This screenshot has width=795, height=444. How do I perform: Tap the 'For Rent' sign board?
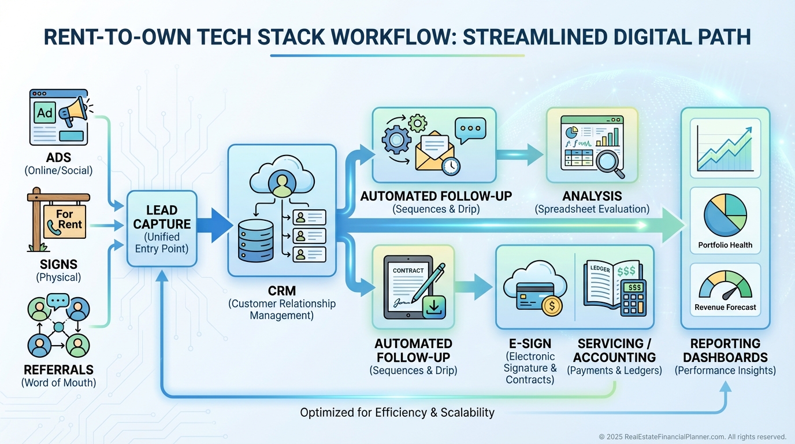click(65, 220)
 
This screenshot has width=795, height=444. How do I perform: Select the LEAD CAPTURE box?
click(161, 229)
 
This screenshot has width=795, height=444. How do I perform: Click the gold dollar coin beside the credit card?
click(552, 305)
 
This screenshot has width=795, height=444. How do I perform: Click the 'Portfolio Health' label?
click(725, 245)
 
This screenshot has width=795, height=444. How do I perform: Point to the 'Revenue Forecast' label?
click(725, 308)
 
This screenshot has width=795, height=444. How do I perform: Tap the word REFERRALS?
click(58, 369)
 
